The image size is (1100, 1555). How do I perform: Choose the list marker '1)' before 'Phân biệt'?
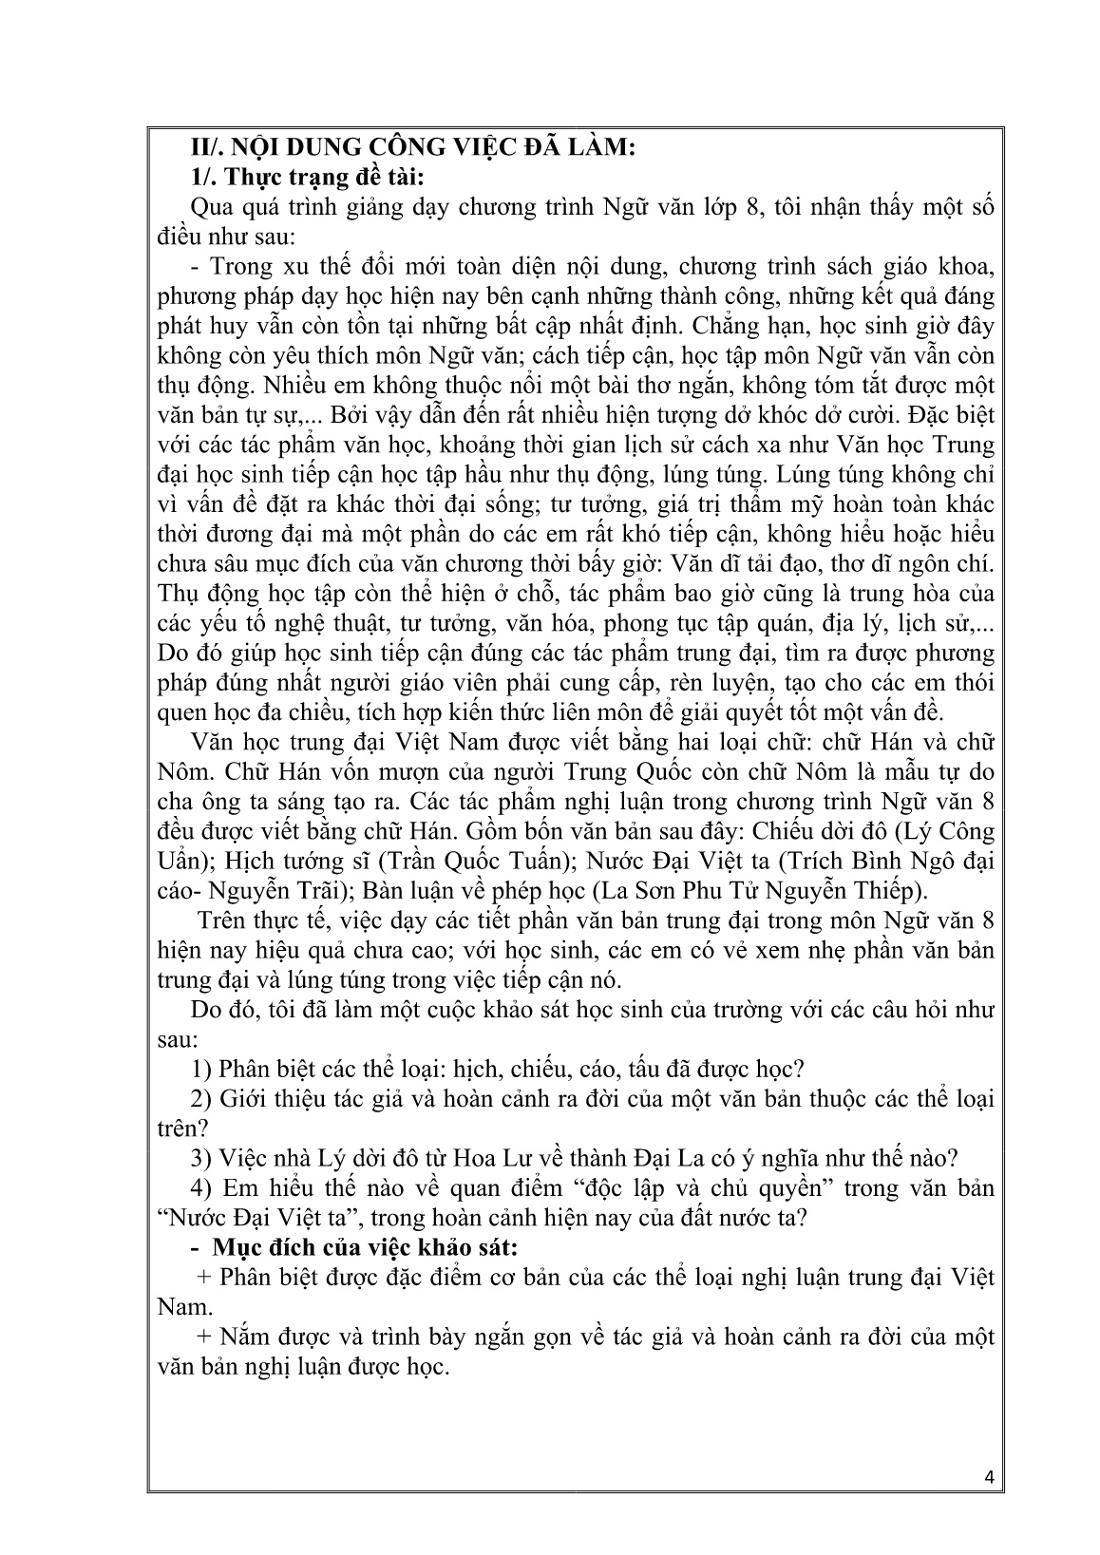202,1069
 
